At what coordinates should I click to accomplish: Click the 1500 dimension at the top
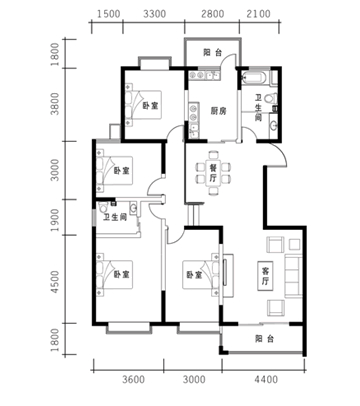pyautogui.click(x=108, y=14)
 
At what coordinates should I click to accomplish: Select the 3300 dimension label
pyautogui.click(x=154, y=14)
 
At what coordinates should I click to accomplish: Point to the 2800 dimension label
pyautogui.click(x=213, y=14)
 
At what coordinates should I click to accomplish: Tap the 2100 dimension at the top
pyautogui.click(x=259, y=14)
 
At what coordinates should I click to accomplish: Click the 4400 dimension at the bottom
pyautogui.click(x=266, y=379)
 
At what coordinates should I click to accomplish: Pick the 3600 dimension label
pyautogui.click(x=133, y=379)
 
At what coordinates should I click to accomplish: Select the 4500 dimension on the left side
pyautogui.click(x=55, y=282)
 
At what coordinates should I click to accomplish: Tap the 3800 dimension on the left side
pyautogui.click(x=55, y=104)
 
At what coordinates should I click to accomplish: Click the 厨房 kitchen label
pyautogui.click(x=218, y=111)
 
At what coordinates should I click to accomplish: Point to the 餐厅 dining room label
pyautogui.click(x=213, y=173)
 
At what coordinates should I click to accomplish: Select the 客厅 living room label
pyautogui.click(x=265, y=276)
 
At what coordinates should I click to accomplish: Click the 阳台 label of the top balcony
pyautogui.click(x=213, y=52)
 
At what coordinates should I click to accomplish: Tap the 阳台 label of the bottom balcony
pyautogui.click(x=265, y=339)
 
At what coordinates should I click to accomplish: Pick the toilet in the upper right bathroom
pyautogui.click(x=271, y=98)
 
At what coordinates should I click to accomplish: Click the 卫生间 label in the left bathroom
pyautogui.click(x=114, y=218)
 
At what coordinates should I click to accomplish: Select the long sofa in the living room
pyautogui.click(x=293, y=276)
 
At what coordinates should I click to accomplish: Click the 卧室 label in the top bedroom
pyautogui.click(x=150, y=106)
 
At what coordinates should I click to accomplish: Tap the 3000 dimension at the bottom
pyautogui.click(x=194, y=379)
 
